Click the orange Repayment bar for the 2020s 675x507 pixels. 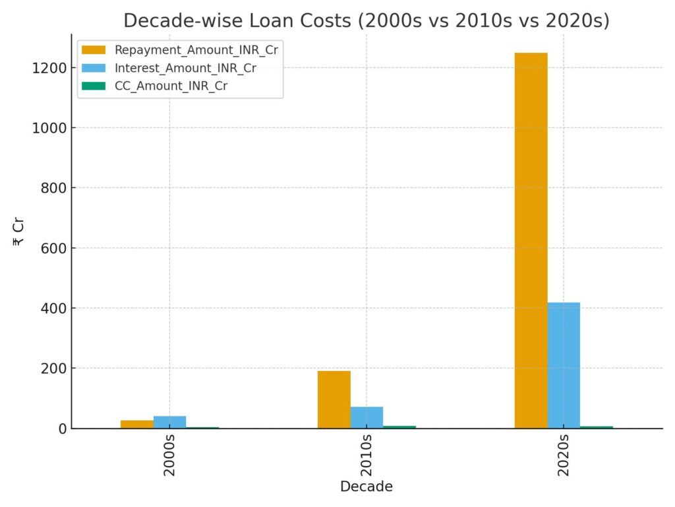coord(531,240)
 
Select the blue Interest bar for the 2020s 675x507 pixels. coord(564,365)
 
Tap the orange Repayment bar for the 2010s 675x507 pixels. coord(334,399)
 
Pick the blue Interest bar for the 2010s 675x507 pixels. coord(367,417)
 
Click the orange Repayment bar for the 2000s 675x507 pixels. coord(136,424)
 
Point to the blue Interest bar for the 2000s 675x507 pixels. coord(169,422)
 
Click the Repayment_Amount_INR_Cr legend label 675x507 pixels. coord(196,51)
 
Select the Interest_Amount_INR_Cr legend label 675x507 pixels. coord(185,68)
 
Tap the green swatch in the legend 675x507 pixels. coord(93,86)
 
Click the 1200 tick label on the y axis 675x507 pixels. coord(49,68)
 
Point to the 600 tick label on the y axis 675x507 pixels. coord(53,248)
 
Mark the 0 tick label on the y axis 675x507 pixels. coord(62,428)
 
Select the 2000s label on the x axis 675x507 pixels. coord(169,455)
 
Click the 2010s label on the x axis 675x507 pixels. coord(367,455)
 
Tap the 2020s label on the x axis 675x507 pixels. coord(564,455)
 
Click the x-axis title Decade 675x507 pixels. coord(367,487)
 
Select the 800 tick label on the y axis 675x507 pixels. coord(53,188)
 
